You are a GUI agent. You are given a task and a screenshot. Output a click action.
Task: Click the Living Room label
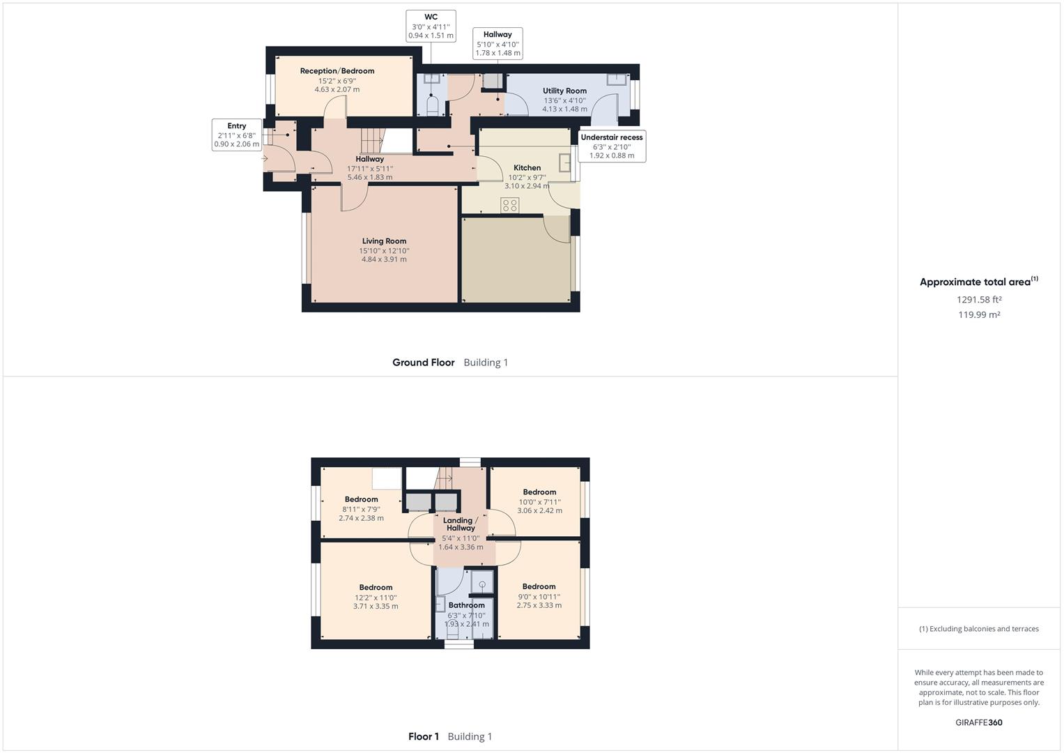384,241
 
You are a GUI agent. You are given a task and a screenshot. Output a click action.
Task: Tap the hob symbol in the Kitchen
509,204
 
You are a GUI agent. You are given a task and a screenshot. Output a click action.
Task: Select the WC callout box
431,26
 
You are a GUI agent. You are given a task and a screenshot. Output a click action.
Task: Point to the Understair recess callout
611,146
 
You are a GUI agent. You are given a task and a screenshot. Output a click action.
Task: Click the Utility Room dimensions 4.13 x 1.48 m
564,109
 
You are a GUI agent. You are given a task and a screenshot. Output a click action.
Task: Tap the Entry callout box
236,135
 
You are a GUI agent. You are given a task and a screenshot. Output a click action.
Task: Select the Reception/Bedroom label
337,71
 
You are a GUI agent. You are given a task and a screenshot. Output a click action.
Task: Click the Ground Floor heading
423,363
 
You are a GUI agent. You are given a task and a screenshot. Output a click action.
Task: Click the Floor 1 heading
424,736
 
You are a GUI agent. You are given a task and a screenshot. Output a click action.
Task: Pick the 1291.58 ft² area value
978,300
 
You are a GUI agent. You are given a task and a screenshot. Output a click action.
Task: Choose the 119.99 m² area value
978,315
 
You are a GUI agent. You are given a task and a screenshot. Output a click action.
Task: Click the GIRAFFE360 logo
978,722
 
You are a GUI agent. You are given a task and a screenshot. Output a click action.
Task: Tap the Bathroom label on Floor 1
466,605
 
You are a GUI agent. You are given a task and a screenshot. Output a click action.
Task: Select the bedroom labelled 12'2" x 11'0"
376,597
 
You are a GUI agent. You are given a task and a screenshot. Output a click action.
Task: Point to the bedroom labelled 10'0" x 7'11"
539,501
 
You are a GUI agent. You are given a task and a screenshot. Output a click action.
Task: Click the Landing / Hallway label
461,524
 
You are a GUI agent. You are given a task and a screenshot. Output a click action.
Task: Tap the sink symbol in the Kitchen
566,162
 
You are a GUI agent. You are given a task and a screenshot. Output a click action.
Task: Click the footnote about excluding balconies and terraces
978,629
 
